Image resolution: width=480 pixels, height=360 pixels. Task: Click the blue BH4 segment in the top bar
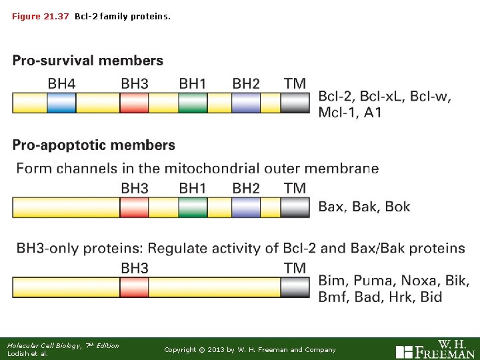click(61, 103)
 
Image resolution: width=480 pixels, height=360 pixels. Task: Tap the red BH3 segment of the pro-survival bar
click(134, 103)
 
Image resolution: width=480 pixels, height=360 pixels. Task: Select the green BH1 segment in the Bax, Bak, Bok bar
click(193, 207)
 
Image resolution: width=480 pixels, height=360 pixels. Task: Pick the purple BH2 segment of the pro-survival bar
click(246, 103)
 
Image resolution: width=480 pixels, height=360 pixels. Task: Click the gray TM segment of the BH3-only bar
click(295, 287)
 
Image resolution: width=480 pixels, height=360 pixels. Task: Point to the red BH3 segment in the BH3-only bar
click(134, 287)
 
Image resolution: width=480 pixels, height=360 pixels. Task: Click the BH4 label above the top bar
click(61, 84)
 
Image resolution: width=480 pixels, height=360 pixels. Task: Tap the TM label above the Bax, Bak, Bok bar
click(295, 189)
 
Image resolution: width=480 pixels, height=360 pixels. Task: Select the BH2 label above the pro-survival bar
click(246, 84)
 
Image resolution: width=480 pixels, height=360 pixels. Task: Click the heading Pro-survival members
click(87, 61)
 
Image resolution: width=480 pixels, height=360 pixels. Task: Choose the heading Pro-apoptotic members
click(93, 145)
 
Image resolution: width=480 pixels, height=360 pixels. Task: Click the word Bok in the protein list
click(397, 207)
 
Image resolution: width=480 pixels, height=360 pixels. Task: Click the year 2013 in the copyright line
click(217, 349)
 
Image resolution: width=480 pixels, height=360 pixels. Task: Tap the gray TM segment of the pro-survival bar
click(295, 103)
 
